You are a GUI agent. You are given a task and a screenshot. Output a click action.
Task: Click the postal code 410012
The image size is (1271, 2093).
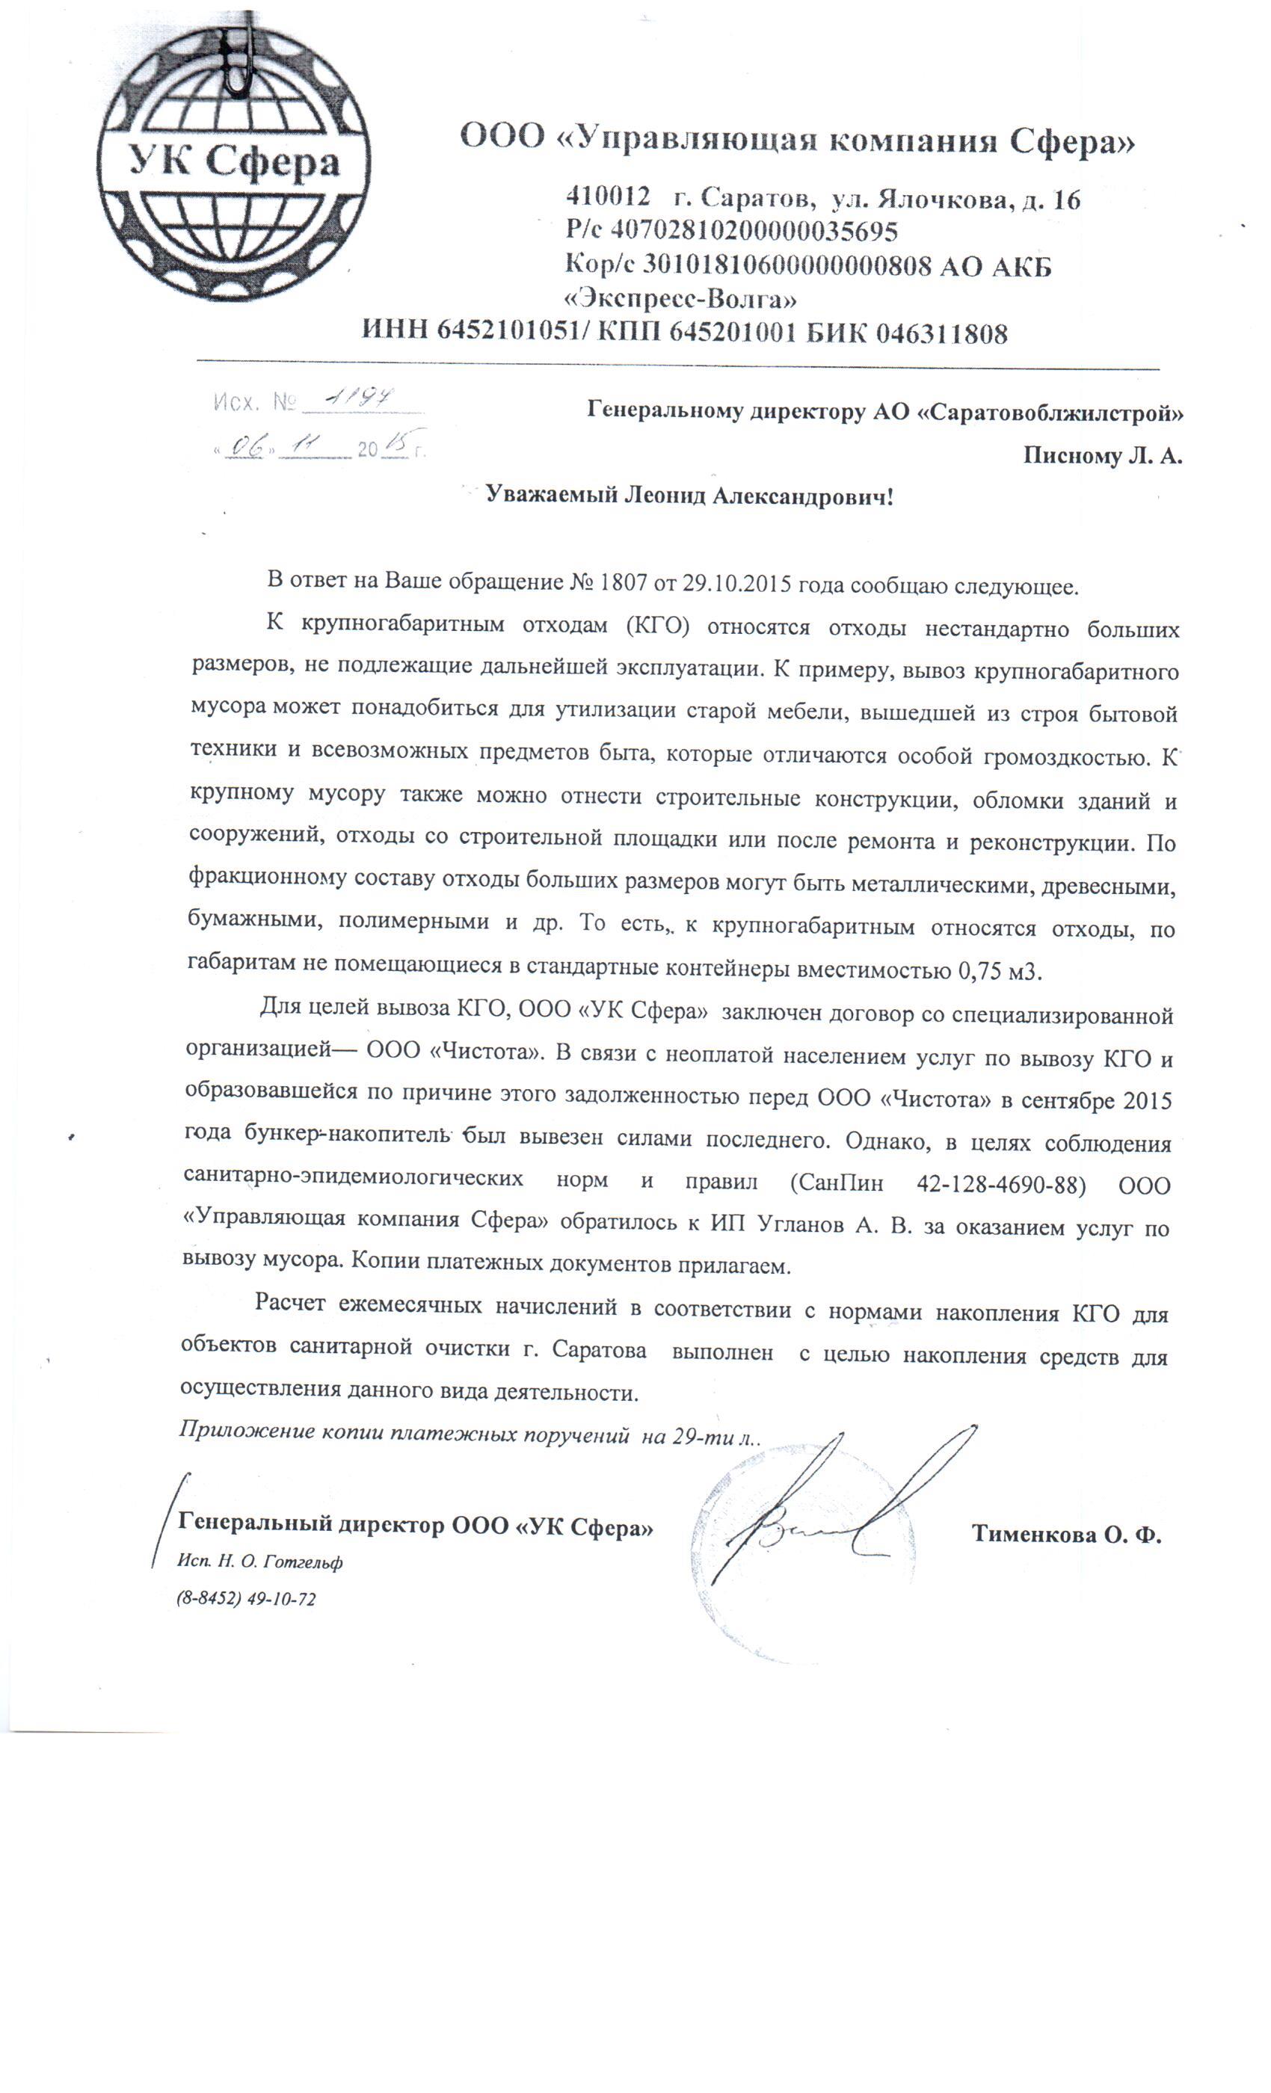tap(607, 198)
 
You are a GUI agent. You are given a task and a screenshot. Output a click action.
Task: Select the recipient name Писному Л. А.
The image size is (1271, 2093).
tap(1102, 456)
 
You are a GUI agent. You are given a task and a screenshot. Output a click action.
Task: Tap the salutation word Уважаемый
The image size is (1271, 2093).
tap(552, 495)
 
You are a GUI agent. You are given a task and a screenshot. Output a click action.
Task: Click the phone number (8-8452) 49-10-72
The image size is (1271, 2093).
tap(247, 1599)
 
